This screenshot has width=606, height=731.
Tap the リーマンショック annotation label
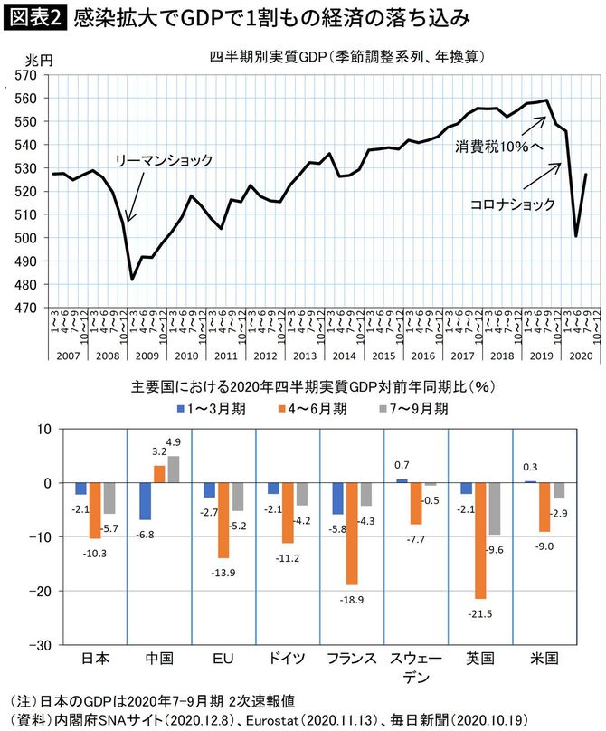click(x=164, y=161)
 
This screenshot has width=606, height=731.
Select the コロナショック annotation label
click(x=513, y=205)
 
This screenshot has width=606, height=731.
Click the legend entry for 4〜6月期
click(x=314, y=408)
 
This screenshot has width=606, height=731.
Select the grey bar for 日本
click(x=109, y=498)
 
